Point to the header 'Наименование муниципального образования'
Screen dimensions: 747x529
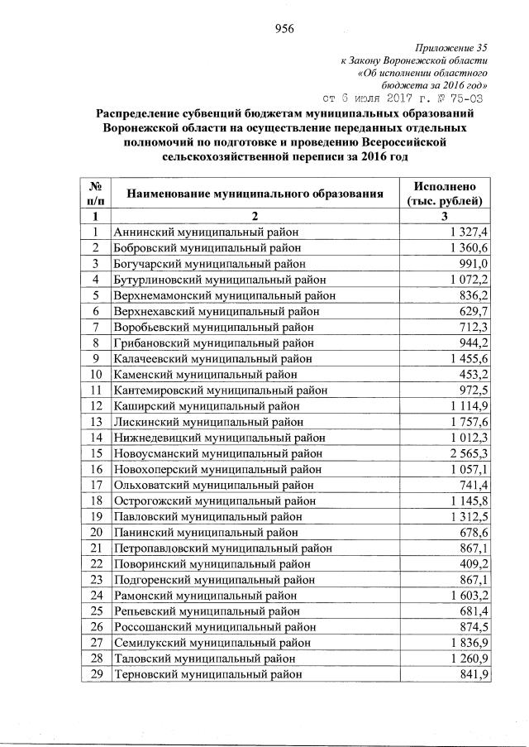(x=255, y=194)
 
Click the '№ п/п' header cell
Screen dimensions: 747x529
(x=97, y=194)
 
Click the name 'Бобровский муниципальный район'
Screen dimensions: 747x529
(x=207, y=248)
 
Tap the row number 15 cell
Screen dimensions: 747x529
(x=97, y=453)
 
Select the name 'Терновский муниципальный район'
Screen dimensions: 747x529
(x=208, y=674)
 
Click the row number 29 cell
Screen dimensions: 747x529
(x=97, y=674)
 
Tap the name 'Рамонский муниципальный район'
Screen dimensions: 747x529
(x=205, y=596)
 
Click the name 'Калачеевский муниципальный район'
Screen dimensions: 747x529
(x=214, y=358)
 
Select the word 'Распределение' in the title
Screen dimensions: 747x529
(x=141, y=113)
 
